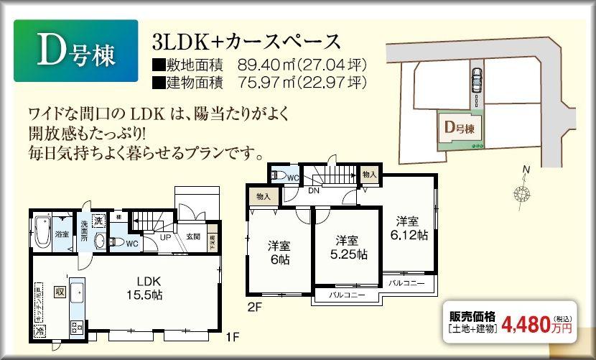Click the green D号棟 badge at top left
(x=73, y=50)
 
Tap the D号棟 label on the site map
(x=460, y=129)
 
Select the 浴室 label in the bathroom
(x=62, y=234)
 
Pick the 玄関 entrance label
(x=193, y=236)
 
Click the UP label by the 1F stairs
(x=165, y=236)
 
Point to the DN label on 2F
(x=314, y=191)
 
